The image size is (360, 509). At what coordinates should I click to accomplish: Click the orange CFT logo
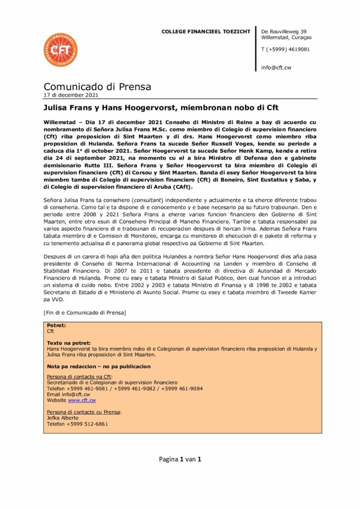[60, 50]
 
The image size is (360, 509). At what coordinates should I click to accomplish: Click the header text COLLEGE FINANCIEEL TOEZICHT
[206, 32]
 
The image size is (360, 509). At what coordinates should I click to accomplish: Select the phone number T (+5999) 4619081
[285, 49]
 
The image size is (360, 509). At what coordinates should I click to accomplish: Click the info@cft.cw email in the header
[276, 68]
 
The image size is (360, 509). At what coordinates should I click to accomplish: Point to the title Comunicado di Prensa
[97, 87]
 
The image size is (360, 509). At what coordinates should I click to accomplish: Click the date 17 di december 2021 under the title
[71, 95]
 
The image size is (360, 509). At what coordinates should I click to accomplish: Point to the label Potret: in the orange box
[56, 325]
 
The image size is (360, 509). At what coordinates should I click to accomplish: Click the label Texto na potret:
[69, 343]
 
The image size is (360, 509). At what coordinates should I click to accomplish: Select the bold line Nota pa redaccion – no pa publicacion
[98, 366]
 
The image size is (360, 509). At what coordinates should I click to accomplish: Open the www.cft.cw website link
[82, 400]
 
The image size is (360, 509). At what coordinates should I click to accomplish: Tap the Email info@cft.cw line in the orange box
[68, 394]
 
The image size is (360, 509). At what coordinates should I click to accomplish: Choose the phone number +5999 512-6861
[77, 424]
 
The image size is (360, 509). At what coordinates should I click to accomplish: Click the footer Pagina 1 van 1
[180, 459]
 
